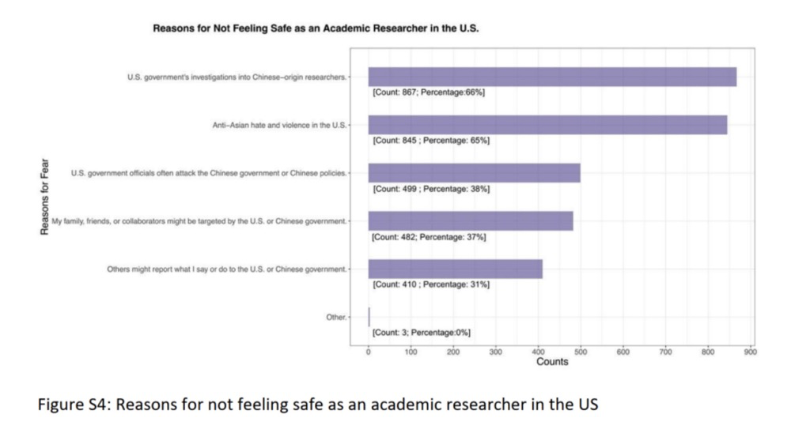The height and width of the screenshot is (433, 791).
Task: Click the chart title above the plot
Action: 316,28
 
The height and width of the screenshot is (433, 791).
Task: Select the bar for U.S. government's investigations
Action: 552,77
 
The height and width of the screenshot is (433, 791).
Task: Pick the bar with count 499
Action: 474,173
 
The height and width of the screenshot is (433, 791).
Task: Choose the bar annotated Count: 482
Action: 471,221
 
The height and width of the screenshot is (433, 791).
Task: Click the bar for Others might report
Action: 455,269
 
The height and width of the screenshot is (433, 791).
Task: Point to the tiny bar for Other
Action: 369,317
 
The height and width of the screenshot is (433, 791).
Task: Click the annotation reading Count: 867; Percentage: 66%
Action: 428,92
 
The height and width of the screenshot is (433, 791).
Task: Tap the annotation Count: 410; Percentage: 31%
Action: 430,284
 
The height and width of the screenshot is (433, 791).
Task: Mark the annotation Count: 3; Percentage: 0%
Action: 421,333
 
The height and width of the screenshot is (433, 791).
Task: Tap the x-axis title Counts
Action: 553,362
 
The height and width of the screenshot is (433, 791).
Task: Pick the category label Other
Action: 336,317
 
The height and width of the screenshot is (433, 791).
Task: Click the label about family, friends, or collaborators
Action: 199,221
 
